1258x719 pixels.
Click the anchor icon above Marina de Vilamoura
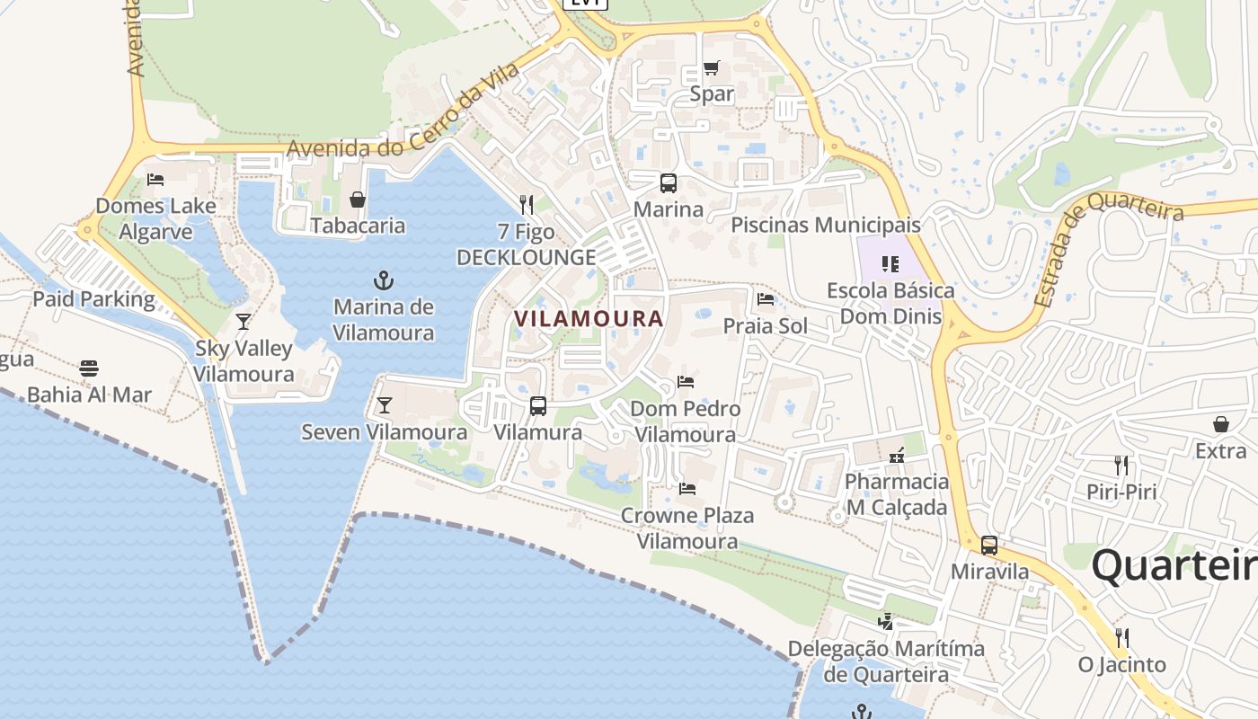[x=384, y=280]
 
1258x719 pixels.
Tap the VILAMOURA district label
[x=589, y=318]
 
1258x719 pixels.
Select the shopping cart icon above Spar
[x=712, y=67]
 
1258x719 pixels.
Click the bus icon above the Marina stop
[x=669, y=183]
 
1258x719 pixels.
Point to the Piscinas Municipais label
[x=826, y=225]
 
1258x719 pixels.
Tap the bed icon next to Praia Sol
[x=766, y=299]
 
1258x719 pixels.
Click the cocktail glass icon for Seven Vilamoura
[x=385, y=405]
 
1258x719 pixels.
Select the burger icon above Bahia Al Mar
[x=88, y=368]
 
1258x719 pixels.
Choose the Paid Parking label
[x=93, y=298]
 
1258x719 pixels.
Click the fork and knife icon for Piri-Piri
[x=1121, y=466]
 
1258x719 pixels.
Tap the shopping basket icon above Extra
[x=1221, y=424]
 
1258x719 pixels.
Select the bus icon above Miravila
[x=989, y=545]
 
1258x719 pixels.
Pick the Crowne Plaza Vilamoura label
[x=687, y=528]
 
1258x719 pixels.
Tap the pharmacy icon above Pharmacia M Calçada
[x=896, y=456]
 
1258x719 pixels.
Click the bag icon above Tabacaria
[x=358, y=200]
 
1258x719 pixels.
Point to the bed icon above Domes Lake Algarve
[x=155, y=179]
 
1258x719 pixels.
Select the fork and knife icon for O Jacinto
[x=1122, y=638]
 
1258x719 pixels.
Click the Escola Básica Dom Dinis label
[x=890, y=303]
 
